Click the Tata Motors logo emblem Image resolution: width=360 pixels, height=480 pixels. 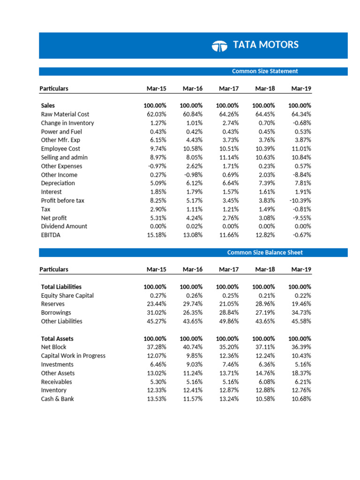click(x=219, y=45)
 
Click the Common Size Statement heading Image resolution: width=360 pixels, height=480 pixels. click(x=265, y=71)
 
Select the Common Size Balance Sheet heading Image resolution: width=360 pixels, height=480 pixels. click(x=265, y=253)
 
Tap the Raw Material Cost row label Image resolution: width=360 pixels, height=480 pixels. click(x=65, y=114)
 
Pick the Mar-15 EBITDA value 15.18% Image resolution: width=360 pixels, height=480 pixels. click(x=157, y=235)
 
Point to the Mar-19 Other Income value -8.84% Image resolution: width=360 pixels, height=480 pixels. click(x=301, y=175)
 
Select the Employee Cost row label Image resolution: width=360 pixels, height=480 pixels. click(x=60, y=149)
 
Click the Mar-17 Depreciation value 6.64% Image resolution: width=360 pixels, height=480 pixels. click(x=230, y=183)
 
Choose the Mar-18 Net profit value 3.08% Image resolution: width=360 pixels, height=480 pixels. click(x=266, y=218)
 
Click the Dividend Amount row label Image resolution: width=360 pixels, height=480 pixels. click(x=64, y=226)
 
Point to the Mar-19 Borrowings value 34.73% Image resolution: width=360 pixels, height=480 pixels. click(x=301, y=313)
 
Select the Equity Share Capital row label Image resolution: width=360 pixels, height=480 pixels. click(x=67, y=296)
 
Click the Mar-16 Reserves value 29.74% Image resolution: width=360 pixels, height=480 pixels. click(x=193, y=304)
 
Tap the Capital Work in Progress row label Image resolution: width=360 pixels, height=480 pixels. click(x=73, y=356)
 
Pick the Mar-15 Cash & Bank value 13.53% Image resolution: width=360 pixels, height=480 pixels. click(x=157, y=399)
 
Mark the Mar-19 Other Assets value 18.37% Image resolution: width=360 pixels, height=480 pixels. click(x=301, y=373)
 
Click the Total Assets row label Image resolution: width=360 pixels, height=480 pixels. click(x=57, y=338)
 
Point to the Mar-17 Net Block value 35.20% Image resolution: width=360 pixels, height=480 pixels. click(x=229, y=347)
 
